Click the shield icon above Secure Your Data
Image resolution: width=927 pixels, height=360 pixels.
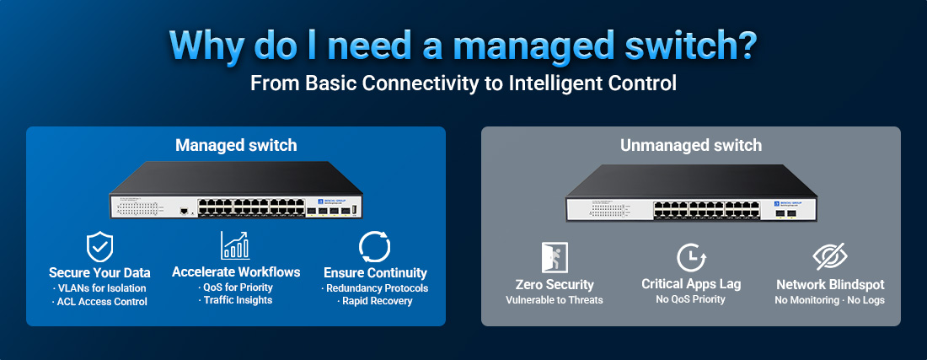coord(99,246)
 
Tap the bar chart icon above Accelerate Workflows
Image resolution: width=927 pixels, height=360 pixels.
coord(235,245)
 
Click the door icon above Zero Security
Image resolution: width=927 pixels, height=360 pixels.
coord(555,256)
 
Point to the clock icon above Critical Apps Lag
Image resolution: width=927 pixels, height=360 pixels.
coord(691,256)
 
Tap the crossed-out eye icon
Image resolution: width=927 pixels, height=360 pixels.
coord(829,256)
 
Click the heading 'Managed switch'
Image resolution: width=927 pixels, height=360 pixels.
coord(236,145)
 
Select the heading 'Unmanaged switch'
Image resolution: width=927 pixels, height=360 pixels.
coord(691,145)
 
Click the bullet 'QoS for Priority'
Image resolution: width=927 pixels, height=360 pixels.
coord(236,287)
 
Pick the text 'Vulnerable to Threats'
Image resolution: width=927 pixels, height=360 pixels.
coord(555,299)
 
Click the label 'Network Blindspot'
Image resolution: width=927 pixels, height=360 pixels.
coord(829,284)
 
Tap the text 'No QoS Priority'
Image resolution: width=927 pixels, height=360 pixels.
coord(691,298)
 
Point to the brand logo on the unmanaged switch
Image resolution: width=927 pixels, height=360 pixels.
coord(789,203)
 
